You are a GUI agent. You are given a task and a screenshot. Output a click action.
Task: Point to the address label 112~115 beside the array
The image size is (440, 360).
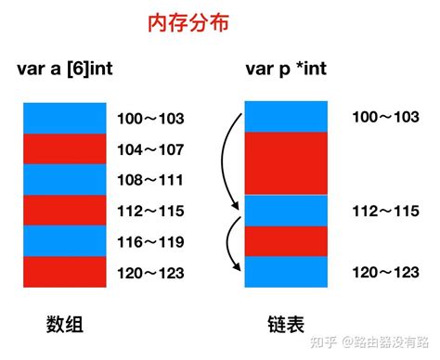151,211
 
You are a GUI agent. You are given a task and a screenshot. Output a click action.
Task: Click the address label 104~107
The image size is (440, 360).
151,148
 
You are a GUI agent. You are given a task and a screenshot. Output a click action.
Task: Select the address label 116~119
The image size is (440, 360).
151,241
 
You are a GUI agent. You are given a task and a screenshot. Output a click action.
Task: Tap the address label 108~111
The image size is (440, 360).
151,179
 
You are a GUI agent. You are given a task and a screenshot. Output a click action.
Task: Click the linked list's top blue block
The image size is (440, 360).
285,116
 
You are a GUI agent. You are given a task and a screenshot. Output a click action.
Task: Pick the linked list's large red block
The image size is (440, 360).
285,163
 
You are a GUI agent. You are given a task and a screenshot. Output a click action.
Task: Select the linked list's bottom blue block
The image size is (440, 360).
285,271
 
